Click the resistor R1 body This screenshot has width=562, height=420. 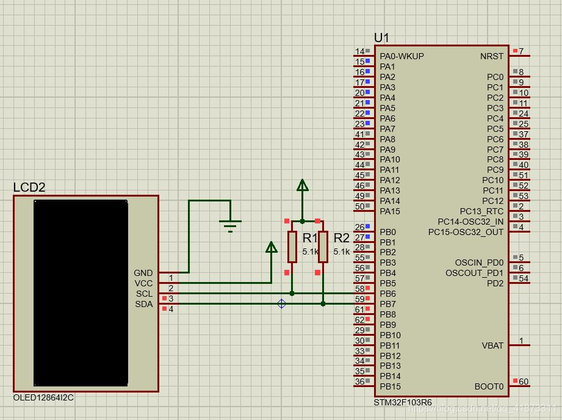click(292, 247)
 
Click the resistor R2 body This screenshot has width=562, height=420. click(323, 247)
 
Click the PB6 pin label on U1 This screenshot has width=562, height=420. click(387, 294)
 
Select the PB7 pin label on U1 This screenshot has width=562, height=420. click(387, 304)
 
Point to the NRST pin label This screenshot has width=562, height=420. click(492, 56)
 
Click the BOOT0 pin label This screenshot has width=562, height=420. click(489, 386)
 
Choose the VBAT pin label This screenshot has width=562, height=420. click(492, 346)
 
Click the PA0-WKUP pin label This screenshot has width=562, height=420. click(402, 56)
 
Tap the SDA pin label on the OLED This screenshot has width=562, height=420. click(144, 304)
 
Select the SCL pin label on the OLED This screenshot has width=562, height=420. click(144, 294)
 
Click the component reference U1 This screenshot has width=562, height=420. click(381, 38)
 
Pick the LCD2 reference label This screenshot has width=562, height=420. click(29, 187)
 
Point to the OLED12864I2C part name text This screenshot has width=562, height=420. click(44, 397)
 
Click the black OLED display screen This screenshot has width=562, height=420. click(81, 292)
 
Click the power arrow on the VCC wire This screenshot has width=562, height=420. click(271, 247)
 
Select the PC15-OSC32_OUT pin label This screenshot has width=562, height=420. click(466, 232)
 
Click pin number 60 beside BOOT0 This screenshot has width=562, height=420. click(524, 382)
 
